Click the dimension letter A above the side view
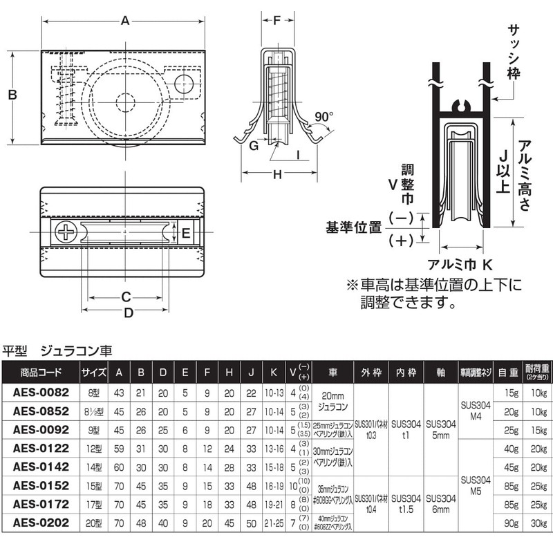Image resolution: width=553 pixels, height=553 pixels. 125,21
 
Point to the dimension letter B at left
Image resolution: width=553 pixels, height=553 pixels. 12,95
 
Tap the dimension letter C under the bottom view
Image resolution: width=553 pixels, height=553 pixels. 125,298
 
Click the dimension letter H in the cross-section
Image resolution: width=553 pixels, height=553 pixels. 277,176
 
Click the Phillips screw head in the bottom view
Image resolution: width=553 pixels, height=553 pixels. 66,232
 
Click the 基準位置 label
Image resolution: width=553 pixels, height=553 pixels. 353,227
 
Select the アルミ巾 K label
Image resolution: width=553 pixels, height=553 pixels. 460,264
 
